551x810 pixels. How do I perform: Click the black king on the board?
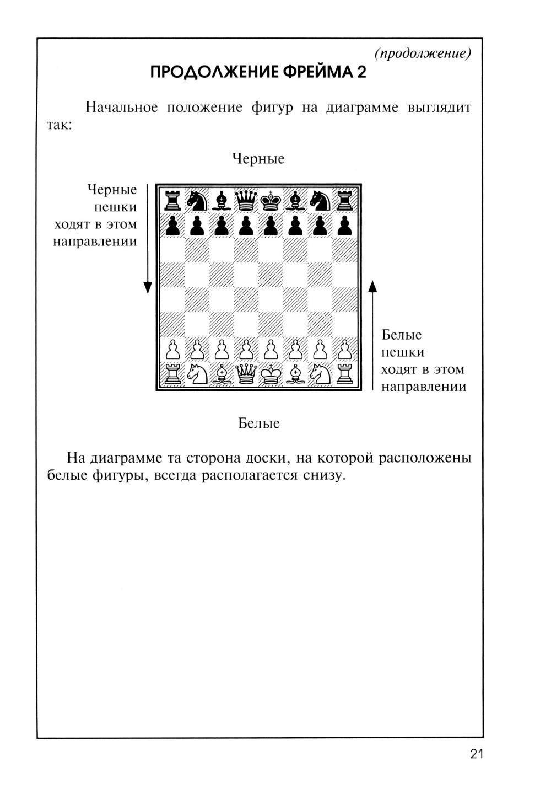coord(270,200)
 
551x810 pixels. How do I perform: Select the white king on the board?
coord(270,374)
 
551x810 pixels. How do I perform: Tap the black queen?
coord(246,200)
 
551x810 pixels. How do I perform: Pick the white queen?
coord(246,374)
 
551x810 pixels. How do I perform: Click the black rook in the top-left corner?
coord(172,200)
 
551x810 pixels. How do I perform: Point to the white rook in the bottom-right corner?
coord(345,374)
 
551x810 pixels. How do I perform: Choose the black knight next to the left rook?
coord(196,200)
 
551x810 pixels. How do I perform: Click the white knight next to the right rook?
coord(320,374)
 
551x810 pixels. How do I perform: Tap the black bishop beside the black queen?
coord(221,200)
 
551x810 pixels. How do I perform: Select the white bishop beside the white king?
coord(295,374)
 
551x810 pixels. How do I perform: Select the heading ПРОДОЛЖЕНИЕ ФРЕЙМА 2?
coord(258,72)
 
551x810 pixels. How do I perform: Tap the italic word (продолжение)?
coord(423,53)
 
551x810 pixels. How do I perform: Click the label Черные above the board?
coord(258,159)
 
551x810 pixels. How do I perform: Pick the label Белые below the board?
coord(259,423)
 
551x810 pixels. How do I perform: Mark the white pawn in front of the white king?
coord(270,350)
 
